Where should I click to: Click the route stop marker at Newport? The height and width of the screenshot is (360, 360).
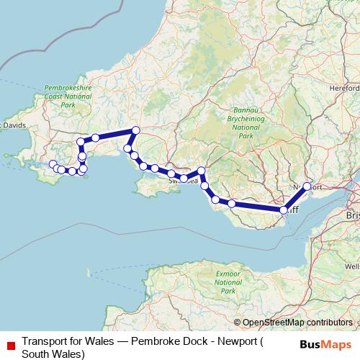307,186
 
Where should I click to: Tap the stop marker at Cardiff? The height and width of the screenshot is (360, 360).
284,210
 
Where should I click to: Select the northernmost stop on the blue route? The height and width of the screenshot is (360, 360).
135,130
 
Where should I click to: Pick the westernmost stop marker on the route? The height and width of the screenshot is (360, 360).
52,165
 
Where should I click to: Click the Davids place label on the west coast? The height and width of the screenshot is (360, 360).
14,125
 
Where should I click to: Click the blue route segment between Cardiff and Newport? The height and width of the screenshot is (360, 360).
296,198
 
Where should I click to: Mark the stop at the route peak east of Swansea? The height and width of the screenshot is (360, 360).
202,171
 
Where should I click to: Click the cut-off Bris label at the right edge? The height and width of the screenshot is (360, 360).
352,215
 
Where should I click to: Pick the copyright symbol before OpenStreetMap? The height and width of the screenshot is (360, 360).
238,323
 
